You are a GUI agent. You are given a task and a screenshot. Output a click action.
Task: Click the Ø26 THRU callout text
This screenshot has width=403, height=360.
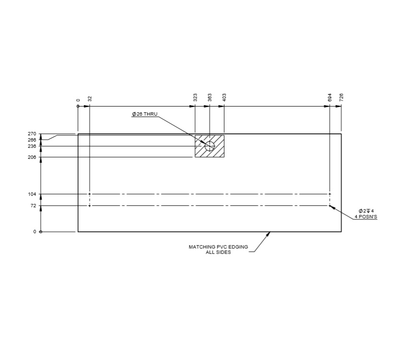point(145,114)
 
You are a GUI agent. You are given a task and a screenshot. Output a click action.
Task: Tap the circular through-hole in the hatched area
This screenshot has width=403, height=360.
point(210,146)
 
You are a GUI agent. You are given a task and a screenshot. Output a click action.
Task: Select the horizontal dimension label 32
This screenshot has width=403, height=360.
point(90,98)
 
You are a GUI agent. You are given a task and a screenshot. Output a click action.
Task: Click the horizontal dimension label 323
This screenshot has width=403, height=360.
point(195,97)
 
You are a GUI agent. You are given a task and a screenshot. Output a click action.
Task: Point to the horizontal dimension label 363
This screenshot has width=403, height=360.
point(210,97)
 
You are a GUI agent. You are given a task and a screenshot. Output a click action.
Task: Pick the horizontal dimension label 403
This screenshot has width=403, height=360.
point(224,97)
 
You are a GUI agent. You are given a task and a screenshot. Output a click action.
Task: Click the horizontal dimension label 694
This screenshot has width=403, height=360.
point(330,97)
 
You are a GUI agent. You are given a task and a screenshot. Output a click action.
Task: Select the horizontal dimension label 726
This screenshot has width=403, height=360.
point(341,97)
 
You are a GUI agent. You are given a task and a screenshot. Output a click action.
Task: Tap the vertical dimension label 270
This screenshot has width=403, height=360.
point(32,134)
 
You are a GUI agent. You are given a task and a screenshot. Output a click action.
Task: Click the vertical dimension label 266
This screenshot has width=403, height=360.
point(32,140)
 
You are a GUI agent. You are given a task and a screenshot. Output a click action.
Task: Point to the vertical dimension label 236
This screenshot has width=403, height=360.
point(32,146)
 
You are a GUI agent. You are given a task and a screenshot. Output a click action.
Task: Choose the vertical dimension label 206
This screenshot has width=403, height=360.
point(32,157)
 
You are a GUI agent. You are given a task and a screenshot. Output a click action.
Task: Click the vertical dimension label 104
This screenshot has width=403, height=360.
point(33,194)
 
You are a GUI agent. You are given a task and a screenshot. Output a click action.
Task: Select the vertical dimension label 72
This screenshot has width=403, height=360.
point(34,205)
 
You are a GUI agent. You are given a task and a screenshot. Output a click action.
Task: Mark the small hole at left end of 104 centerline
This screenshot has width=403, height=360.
point(90,194)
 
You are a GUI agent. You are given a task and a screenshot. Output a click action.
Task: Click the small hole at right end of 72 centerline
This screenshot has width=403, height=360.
point(330,205)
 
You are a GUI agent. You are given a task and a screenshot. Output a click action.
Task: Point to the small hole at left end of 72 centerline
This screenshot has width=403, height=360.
point(90,205)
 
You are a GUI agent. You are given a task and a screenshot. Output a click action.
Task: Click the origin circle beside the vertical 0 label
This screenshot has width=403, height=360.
point(41,232)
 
